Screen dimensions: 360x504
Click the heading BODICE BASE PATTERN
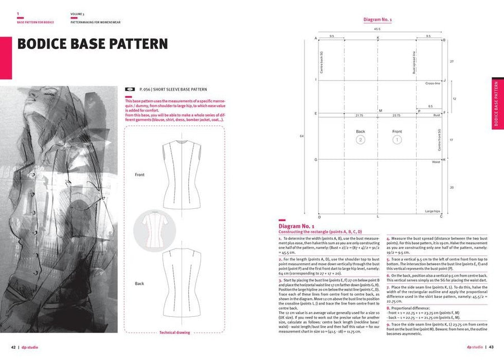click(92, 44)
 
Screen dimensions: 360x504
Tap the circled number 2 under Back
click(361, 139)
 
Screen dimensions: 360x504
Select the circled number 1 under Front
click(397, 139)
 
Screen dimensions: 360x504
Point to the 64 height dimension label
click(302, 136)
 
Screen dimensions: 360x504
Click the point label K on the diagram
click(378, 38)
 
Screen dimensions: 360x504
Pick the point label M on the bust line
click(380, 111)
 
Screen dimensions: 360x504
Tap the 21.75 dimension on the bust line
click(360, 116)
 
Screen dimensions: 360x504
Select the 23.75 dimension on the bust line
click(396, 116)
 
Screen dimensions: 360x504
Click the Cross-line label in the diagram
click(432, 83)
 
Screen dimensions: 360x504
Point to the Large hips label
click(432, 211)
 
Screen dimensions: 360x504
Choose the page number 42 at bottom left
click(14, 347)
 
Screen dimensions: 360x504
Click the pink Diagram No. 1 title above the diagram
click(377, 20)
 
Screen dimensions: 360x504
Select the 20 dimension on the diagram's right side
click(452, 188)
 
